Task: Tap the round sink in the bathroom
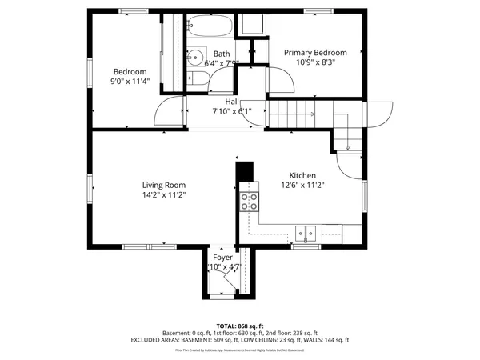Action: [x=195, y=58]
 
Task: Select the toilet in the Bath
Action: [x=198, y=77]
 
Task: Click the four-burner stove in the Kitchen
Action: [x=250, y=201]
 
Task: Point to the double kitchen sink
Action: [x=305, y=234]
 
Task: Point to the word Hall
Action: [x=232, y=102]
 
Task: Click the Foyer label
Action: [x=222, y=258]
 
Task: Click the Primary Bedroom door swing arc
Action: [x=278, y=80]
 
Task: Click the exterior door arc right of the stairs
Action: [x=379, y=114]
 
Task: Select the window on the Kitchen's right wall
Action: [x=366, y=195]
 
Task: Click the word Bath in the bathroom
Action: [x=222, y=54]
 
